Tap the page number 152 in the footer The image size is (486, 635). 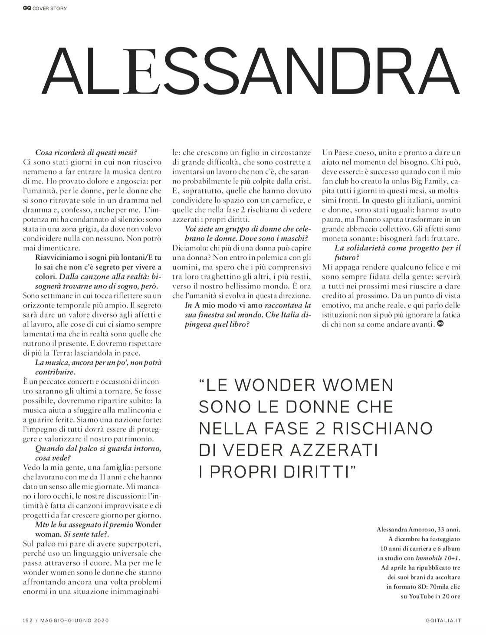pos(28,621)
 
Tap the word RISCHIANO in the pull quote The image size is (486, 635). pos(374,428)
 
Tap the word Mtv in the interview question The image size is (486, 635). pos(41,525)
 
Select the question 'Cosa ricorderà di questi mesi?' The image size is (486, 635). pos(86,152)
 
